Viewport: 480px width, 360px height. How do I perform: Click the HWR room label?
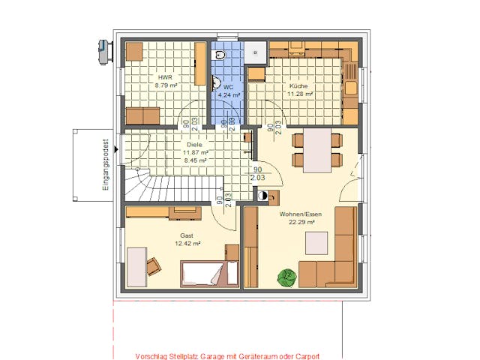click(164, 77)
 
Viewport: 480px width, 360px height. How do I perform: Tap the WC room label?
click(229, 87)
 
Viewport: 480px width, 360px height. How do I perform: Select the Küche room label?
click(298, 86)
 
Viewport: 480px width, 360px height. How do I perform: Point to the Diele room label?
click(195, 145)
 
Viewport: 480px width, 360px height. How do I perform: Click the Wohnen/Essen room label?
click(297, 214)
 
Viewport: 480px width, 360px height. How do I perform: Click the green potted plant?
click(286, 277)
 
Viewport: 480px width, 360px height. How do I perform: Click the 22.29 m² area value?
click(298, 223)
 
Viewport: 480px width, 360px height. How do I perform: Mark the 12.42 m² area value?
click(187, 243)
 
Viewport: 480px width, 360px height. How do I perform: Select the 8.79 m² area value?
click(166, 85)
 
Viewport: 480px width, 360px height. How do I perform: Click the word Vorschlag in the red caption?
click(150, 355)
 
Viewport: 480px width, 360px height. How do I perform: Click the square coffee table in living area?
click(316, 243)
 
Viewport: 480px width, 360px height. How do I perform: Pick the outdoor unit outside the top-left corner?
click(100, 48)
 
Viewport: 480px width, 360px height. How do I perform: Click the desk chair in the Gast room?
click(154, 265)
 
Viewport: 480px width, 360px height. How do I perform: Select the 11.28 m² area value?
click(300, 94)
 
